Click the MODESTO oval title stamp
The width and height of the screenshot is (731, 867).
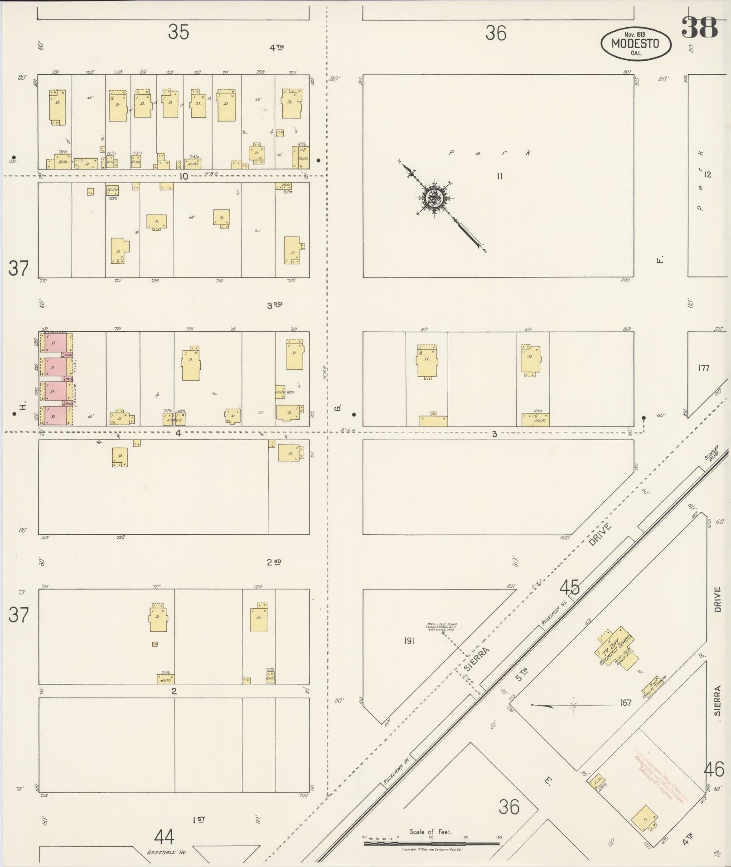635,44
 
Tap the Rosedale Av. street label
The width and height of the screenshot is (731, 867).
166,852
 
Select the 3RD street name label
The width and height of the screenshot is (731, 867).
274,305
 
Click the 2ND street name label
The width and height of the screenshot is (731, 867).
274,562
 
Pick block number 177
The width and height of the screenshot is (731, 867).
703,368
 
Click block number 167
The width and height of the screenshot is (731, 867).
625,703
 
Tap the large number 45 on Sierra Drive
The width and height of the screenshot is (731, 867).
569,588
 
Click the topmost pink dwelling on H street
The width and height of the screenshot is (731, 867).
56,343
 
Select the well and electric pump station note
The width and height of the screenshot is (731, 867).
441,627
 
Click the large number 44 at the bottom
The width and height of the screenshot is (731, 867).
164,837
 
